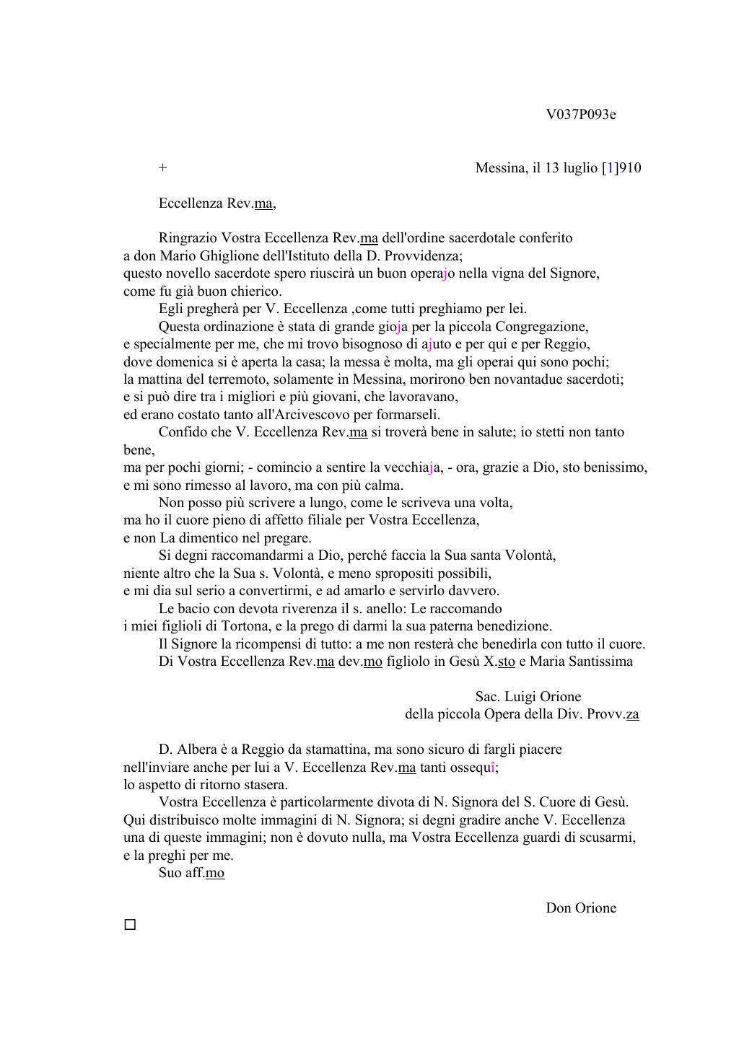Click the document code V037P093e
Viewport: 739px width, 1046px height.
pyautogui.click(x=580, y=115)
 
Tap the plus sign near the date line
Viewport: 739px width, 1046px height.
pyautogui.click(x=163, y=168)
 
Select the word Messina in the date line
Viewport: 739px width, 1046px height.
pyautogui.click(x=500, y=168)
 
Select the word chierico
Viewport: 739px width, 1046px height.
pyautogui.click(x=257, y=291)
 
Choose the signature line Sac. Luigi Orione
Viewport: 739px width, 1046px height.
pyautogui.click(x=528, y=697)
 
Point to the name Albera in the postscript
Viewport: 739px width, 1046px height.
pyautogui.click(x=199, y=750)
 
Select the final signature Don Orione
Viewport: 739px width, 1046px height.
pyautogui.click(x=580, y=908)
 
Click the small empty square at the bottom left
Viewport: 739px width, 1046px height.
pyautogui.click(x=130, y=925)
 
